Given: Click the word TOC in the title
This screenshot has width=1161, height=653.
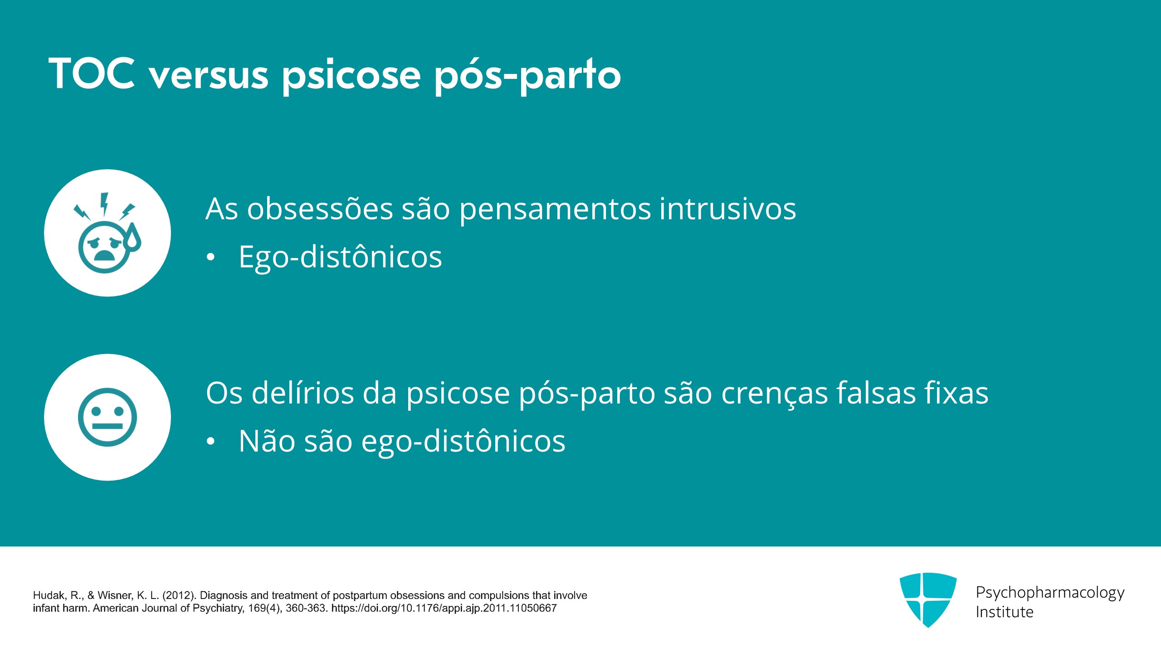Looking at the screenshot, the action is point(92,73).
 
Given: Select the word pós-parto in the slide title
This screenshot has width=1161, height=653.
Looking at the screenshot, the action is point(527,76).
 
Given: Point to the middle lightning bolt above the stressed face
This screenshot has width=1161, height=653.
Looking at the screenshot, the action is point(104,204).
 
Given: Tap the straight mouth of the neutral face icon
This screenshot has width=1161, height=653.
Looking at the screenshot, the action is point(107,426).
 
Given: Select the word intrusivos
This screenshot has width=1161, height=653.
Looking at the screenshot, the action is point(727,209).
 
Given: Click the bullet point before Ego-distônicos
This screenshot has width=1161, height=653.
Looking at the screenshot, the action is point(210,258).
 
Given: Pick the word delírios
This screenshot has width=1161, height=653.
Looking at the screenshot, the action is point(302,393).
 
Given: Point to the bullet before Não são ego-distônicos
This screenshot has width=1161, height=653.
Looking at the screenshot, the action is point(210,441).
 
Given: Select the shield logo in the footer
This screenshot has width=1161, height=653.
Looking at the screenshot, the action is point(928,599).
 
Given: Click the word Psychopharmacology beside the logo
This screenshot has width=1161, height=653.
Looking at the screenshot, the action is point(1050,593).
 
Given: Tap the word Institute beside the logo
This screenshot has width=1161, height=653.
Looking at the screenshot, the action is point(1005,612).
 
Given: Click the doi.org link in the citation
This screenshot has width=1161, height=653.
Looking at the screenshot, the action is point(444,608).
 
